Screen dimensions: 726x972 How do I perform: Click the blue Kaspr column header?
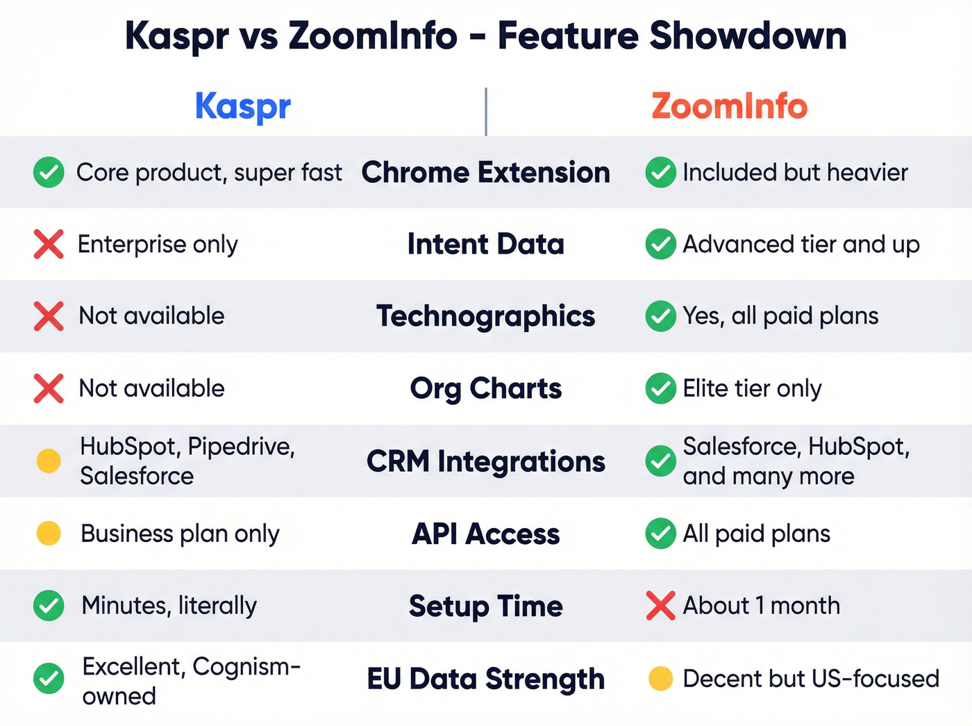[242, 107]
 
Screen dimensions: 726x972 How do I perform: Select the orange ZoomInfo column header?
[729, 107]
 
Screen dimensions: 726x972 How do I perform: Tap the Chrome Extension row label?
[485, 172]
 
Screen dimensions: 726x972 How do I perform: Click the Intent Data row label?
[485, 245]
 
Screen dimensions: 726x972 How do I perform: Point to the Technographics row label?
[485, 316]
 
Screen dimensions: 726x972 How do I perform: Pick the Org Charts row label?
[485, 388]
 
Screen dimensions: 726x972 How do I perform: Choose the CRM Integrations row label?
[485, 461]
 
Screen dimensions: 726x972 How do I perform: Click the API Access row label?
[485, 534]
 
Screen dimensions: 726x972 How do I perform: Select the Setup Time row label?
[485, 606]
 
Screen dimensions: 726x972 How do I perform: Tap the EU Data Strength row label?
[485, 679]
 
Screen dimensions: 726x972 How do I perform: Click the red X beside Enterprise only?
[49, 245]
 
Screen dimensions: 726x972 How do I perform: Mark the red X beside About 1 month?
[660, 606]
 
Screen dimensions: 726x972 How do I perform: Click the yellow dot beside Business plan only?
[49, 534]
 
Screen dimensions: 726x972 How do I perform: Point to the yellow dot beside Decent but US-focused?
[660, 679]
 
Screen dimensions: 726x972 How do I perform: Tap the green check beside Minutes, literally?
[49, 606]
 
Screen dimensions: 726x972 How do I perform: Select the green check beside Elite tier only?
[660, 388]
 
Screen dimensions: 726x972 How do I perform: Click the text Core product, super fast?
[209, 172]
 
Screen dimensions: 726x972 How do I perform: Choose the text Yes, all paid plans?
[780, 316]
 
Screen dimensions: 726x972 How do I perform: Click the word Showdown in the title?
[748, 36]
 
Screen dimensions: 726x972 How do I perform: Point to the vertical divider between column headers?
[486, 111]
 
